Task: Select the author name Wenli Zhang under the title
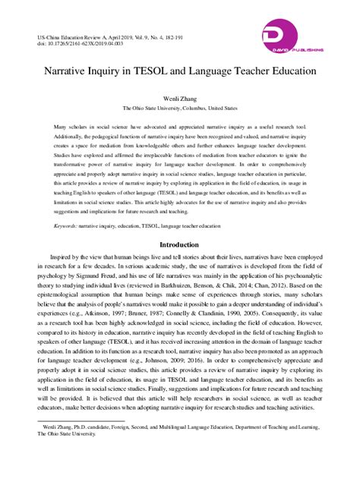(x=179, y=99)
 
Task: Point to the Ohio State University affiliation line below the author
(x=179, y=109)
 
